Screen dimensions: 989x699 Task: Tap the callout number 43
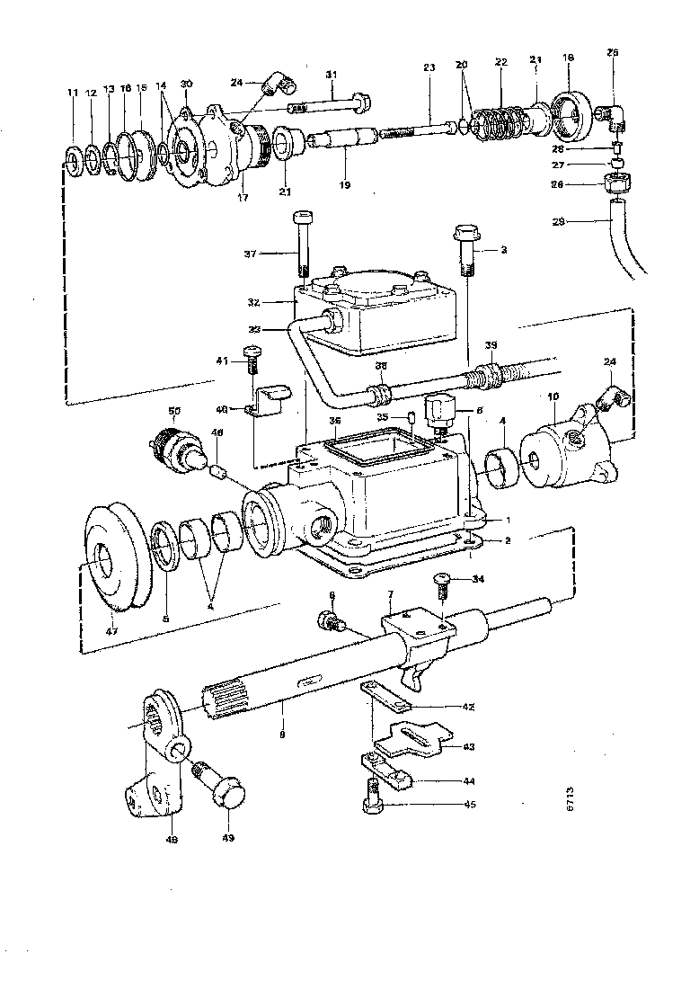coord(468,747)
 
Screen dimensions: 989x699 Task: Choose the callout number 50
coord(174,410)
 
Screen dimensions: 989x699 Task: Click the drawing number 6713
coord(569,803)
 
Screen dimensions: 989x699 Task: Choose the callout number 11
coord(72,93)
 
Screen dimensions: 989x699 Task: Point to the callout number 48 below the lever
coord(172,842)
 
